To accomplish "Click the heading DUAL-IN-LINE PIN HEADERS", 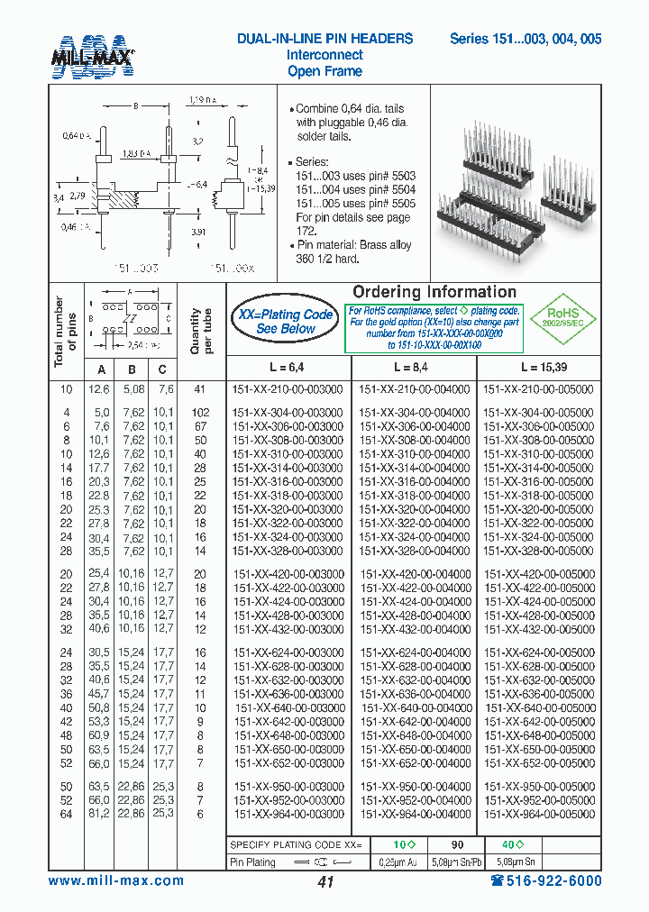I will [324, 39].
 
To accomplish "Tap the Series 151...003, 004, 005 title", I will [526, 39].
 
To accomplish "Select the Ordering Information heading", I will [434, 292].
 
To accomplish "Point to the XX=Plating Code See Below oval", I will [285, 322].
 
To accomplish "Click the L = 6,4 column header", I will [286, 368].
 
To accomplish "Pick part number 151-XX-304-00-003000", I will [288, 413].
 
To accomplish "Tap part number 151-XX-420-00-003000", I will [288, 573].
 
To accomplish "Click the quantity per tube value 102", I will [200, 413].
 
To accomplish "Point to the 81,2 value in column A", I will [99, 814].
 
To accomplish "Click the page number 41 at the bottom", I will [325, 882].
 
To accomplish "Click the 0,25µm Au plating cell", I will [398, 862].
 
